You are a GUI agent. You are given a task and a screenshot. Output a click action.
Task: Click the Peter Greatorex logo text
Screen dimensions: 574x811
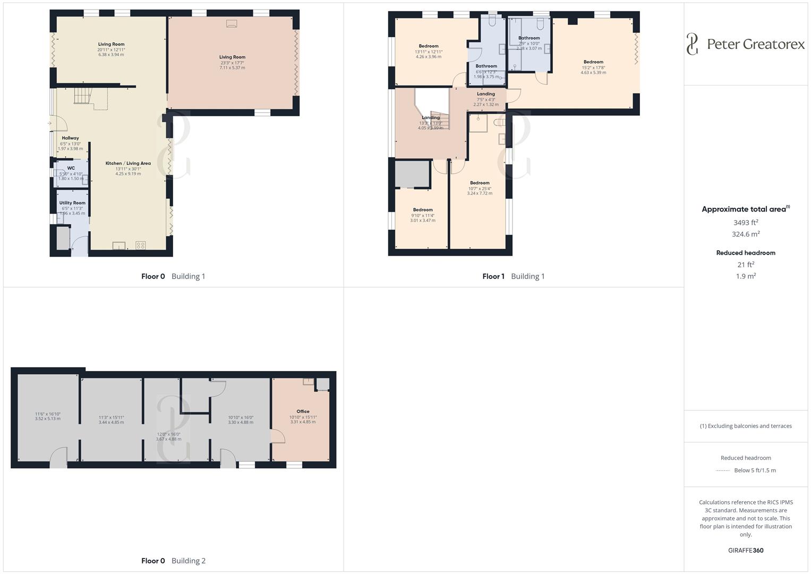(x=755, y=44)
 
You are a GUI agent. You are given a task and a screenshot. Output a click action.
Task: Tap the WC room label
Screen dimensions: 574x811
(x=71, y=168)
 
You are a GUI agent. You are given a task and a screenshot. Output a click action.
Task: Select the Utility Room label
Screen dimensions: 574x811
(x=72, y=203)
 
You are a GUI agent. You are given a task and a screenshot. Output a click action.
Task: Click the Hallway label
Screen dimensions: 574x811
(x=70, y=138)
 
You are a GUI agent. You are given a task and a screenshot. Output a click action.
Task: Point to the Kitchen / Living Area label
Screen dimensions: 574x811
(x=128, y=164)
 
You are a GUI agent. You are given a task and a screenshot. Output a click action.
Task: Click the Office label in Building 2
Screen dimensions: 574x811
(x=303, y=411)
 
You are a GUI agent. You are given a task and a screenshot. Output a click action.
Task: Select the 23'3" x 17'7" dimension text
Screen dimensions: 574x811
(x=232, y=63)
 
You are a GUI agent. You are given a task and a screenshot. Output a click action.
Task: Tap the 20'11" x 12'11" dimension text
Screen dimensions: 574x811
(x=111, y=49)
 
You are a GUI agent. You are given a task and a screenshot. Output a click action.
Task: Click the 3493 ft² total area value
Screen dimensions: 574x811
(x=746, y=223)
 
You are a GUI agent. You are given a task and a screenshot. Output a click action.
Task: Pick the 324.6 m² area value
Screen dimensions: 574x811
(x=746, y=234)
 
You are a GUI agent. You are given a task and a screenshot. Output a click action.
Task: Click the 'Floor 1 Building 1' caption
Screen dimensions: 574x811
(x=513, y=276)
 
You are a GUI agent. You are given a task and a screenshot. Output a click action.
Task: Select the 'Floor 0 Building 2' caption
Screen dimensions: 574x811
(x=173, y=561)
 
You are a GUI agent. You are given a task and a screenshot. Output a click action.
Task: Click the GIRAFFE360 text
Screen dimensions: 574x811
(x=746, y=551)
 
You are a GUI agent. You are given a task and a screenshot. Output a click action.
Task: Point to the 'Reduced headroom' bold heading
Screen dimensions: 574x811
(x=746, y=253)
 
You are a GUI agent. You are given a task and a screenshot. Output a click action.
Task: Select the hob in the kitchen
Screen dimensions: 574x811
(x=141, y=245)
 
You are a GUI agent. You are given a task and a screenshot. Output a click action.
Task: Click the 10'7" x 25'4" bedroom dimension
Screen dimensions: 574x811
(x=480, y=188)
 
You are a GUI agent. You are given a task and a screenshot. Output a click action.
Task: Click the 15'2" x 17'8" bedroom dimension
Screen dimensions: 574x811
(x=593, y=67)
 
